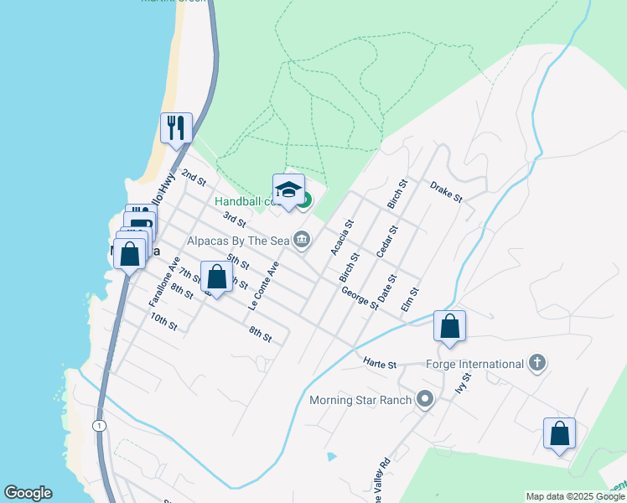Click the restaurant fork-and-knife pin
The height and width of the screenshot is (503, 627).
[x=176, y=127]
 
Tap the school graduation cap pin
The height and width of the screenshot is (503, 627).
[x=288, y=189]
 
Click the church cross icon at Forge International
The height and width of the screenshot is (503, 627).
[x=537, y=363]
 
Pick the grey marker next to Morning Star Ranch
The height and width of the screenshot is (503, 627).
[x=425, y=399]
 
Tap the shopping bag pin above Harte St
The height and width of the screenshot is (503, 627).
[x=449, y=326]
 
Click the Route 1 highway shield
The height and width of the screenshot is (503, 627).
[x=101, y=426]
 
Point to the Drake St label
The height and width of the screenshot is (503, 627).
[x=446, y=191]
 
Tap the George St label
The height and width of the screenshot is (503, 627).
[x=360, y=296]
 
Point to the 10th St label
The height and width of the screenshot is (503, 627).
[x=164, y=321]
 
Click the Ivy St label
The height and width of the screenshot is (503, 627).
[x=460, y=384]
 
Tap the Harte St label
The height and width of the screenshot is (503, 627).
[x=379, y=364]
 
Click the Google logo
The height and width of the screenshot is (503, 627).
[x=28, y=493]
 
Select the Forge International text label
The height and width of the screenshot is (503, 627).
[x=474, y=364]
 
